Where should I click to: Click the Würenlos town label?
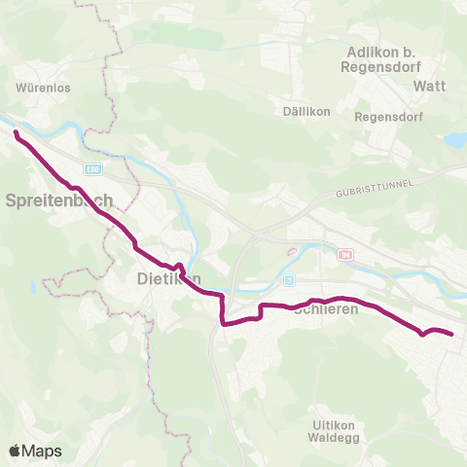coord(42,87)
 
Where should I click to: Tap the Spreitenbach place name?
coord(59,200)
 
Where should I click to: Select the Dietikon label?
coord(164,279)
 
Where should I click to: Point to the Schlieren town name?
coord(326,309)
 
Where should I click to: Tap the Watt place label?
coord(429,86)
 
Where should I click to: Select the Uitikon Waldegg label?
coord(340,431)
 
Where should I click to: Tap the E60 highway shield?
coord(92,168)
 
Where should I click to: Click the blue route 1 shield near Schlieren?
coord(289,280)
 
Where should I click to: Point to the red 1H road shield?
coord(345,255)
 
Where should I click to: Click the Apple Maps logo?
coord(34,450)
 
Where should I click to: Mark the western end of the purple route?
coord(17,131)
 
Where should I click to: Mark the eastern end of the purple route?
coord(452,335)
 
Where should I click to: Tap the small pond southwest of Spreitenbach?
coord(32,287)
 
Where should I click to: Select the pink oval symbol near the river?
coord(291,253)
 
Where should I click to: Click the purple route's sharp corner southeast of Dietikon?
coord(223,324)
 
